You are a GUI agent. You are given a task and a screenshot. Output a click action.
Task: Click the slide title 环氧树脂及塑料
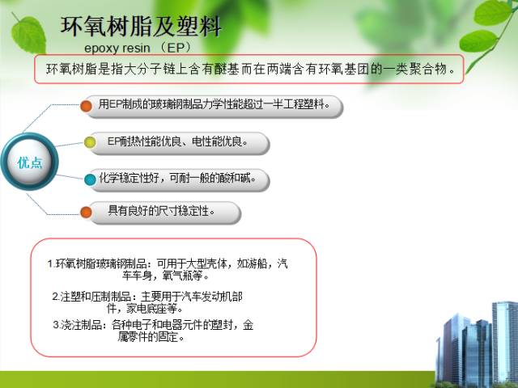pos(141,26)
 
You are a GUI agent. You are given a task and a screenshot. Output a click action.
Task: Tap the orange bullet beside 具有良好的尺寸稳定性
pos(85,212)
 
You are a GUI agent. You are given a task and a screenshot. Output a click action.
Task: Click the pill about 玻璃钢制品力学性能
pos(214,104)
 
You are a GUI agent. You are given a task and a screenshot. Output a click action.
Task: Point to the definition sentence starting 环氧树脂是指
pos(252,69)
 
